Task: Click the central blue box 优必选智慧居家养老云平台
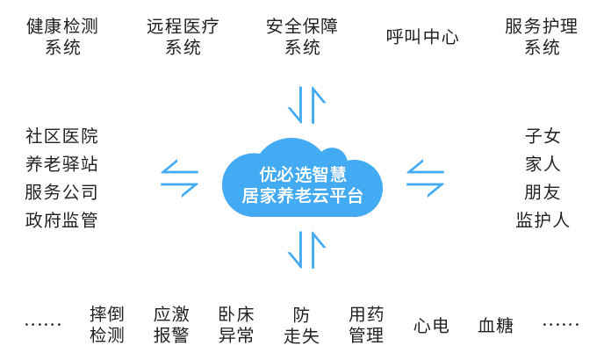coord(301,177)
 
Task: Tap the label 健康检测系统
coord(62,36)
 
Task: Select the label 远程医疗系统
coord(183,36)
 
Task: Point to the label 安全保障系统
coord(302,36)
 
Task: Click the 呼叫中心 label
coord(422,37)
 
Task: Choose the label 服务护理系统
coord(542,36)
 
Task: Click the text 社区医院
coord(61,136)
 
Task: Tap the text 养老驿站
coord(61,164)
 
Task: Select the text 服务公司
coord(61,192)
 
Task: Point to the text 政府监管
coord(61,220)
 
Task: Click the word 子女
coord(543,136)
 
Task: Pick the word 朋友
coord(543,192)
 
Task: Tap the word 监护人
coord(543,220)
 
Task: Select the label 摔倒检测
coord(107,324)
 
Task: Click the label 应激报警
coord(171,324)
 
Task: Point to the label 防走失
coord(302,324)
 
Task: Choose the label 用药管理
coord(366,324)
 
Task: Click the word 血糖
coord(496,325)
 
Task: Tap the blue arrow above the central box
coord(307,105)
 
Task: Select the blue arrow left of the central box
coord(181,177)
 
